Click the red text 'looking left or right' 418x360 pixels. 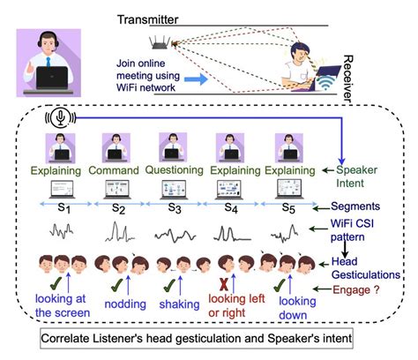click(x=236, y=306)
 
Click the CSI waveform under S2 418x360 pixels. click(x=120, y=234)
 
